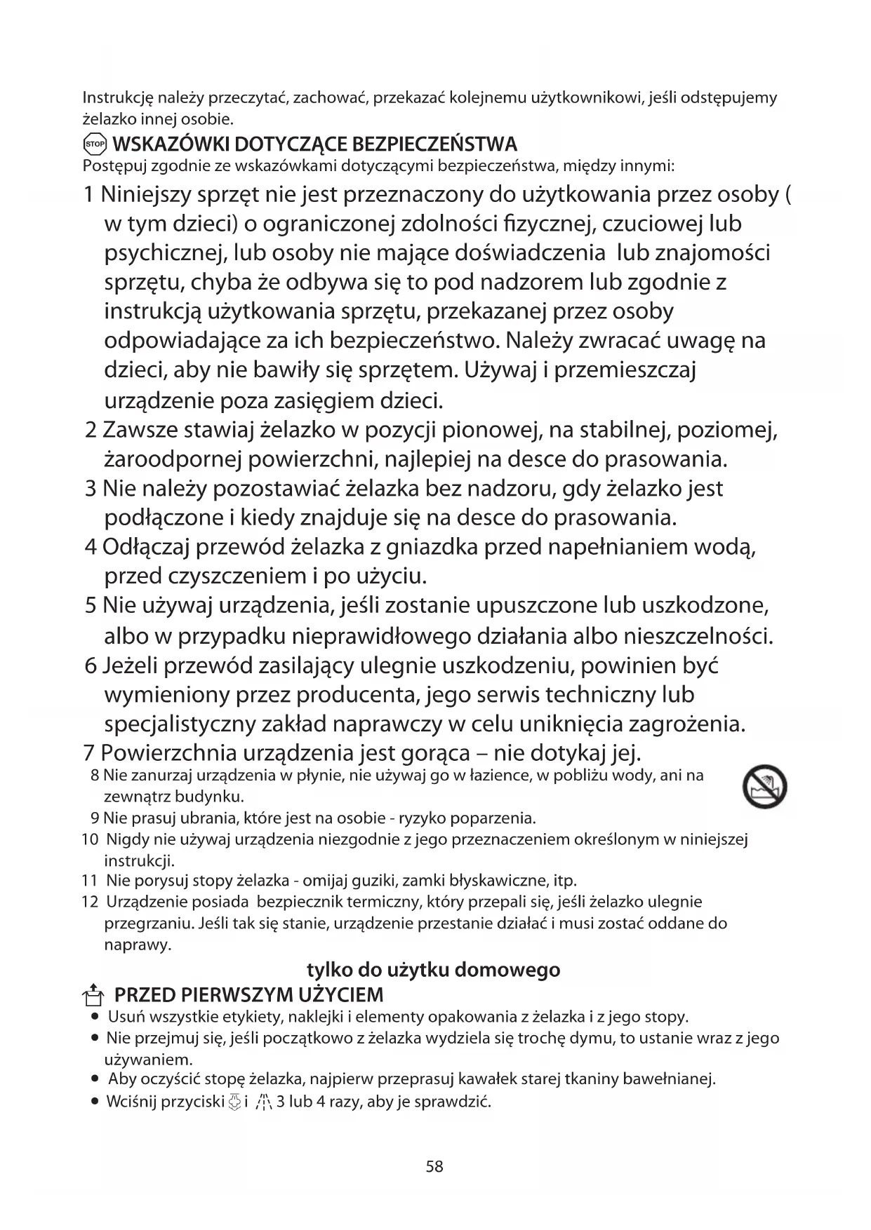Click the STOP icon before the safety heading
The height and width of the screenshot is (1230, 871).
(x=94, y=144)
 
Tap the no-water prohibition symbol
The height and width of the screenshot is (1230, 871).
(x=764, y=786)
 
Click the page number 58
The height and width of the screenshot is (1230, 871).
(x=434, y=1167)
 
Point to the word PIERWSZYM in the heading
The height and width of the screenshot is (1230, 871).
(x=228, y=995)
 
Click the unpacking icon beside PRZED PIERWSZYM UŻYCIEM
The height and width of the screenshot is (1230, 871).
(x=92, y=995)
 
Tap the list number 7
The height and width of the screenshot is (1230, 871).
(x=89, y=753)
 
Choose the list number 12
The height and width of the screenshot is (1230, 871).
(x=90, y=902)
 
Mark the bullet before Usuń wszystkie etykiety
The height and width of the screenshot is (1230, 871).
(x=94, y=1017)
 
